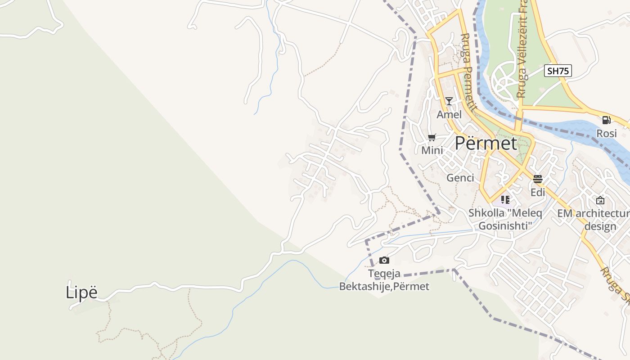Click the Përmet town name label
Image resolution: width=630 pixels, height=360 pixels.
[486, 143]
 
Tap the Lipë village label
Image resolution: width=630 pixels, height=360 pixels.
[81, 292]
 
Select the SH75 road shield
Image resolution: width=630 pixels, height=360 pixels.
[558, 71]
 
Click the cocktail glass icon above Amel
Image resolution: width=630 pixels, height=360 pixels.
[449, 101]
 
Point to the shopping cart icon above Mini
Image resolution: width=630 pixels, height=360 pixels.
[432, 137]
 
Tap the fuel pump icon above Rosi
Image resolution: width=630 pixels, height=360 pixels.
[606, 120]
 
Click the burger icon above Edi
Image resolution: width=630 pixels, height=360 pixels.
[537, 179]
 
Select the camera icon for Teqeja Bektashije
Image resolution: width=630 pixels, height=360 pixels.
[384, 260]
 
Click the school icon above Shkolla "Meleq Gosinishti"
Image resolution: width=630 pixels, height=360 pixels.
[505, 199]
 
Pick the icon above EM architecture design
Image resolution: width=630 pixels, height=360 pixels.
[600, 200]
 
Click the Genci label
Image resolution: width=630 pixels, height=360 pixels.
[460, 178]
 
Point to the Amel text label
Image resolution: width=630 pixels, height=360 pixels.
[449, 115]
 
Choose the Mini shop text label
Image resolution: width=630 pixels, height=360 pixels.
[432, 151]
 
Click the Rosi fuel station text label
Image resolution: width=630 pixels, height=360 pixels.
[606, 134]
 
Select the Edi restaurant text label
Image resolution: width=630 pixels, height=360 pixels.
[537, 193]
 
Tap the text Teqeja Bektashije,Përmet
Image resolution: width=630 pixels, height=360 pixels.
[384, 280]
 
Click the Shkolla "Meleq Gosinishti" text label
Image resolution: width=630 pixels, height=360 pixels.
[505, 219]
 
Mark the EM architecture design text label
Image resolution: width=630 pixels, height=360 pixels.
[594, 220]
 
